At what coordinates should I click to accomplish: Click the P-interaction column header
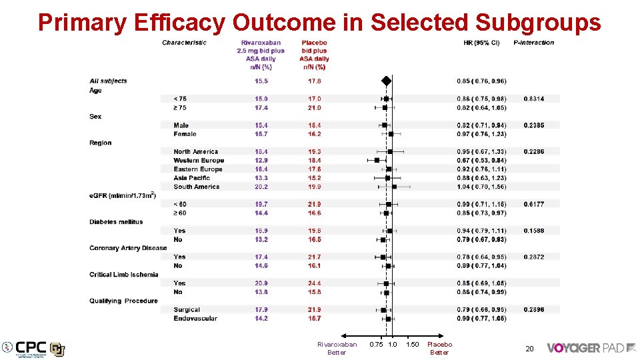[x=533, y=43]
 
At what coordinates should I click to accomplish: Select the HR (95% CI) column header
[x=481, y=43]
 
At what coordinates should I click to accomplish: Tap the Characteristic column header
[x=184, y=43]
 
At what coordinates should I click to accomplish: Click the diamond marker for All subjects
[x=386, y=81]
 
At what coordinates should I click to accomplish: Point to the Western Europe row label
[x=199, y=161]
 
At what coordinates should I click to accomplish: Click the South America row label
[x=196, y=187]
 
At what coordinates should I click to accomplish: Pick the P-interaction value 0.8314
[x=533, y=99]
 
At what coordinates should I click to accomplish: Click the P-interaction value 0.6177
[x=533, y=205]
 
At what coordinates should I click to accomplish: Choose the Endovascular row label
[x=195, y=319]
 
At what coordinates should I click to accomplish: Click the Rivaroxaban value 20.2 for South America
[x=261, y=187]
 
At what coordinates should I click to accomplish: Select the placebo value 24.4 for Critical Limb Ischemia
[x=314, y=283]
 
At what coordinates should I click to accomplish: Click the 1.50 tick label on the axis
[x=412, y=345]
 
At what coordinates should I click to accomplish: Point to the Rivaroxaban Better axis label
[x=337, y=348]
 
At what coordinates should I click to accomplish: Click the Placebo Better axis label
[x=439, y=348]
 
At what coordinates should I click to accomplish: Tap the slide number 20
[x=529, y=349]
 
